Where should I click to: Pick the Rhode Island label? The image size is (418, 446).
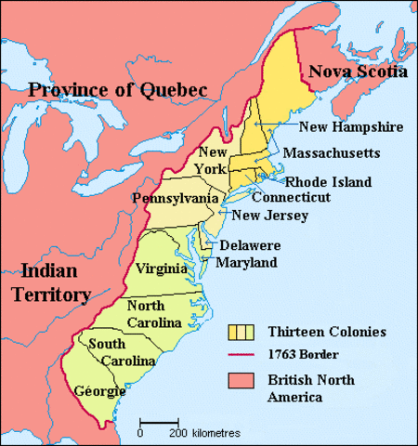pos(328,182)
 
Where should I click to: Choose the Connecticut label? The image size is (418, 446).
pos(291,198)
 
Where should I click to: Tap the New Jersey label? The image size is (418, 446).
pos(269,216)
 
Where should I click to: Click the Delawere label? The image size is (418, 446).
pos(250,246)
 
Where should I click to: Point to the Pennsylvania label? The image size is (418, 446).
pos(176,199)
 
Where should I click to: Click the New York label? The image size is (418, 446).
pos(211,160)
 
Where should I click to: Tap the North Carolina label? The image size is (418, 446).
pos(146,313)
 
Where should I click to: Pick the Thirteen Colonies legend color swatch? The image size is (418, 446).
pos(242,331)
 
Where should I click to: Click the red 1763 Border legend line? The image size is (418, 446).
pos(242,355)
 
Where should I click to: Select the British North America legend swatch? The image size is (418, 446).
pos(242,380)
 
